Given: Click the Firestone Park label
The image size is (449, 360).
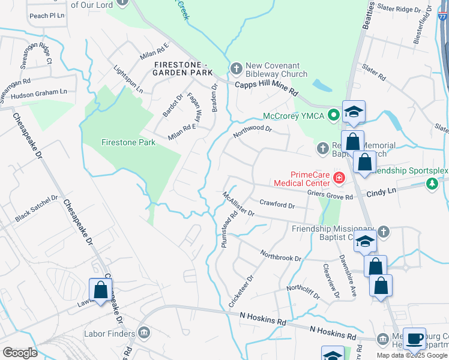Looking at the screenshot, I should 128,142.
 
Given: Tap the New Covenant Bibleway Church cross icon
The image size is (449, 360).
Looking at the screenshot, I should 237,67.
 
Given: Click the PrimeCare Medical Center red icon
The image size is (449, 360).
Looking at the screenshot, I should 339,178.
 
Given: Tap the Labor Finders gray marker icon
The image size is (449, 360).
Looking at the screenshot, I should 143,332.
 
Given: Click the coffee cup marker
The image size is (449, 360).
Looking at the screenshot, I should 414,338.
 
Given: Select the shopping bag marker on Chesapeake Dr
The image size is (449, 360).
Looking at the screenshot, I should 101,290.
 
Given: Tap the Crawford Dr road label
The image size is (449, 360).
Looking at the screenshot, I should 277,205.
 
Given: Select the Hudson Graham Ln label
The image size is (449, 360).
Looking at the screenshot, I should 39,94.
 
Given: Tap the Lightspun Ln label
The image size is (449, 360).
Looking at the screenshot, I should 128,79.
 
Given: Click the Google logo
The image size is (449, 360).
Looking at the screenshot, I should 19,353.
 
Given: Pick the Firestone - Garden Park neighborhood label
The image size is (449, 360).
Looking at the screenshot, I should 183,68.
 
